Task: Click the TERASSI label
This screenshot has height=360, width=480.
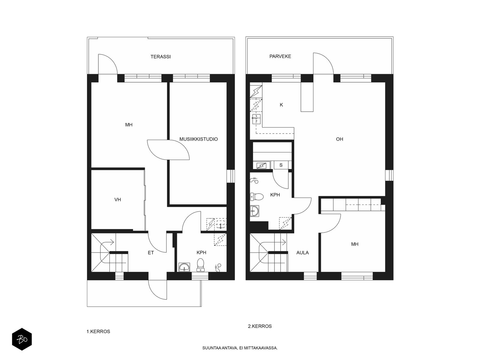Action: pos(160,57)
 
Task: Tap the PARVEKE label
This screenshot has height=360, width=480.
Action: pos(280,56)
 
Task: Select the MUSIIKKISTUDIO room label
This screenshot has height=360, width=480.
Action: pos(199,139)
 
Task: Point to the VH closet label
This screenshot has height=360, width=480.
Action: pos(118,199)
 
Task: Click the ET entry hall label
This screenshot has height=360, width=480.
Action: pos(151,253)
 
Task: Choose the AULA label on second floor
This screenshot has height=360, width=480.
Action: pos(302,253)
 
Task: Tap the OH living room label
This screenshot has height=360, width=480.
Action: pos(339,139)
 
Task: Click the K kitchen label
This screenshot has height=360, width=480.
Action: pos(281,105)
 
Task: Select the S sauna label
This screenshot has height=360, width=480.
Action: pos(281,165)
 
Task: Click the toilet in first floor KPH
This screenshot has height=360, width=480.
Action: pos(200,265)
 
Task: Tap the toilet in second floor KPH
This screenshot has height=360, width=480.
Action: pos(256,197)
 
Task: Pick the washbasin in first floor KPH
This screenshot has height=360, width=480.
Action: pos(184,267)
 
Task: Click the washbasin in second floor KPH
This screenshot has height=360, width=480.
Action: pos(254,211)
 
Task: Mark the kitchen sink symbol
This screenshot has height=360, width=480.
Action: pos(256,119)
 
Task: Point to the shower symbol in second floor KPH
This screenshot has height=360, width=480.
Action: pos(254,180)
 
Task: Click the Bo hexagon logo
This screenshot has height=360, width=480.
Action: pos(22,339)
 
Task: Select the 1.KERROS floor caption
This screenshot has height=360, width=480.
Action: pos(98,331)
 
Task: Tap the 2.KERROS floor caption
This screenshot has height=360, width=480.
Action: pos(260,326)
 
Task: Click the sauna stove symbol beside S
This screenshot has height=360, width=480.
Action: pos(262,166)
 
